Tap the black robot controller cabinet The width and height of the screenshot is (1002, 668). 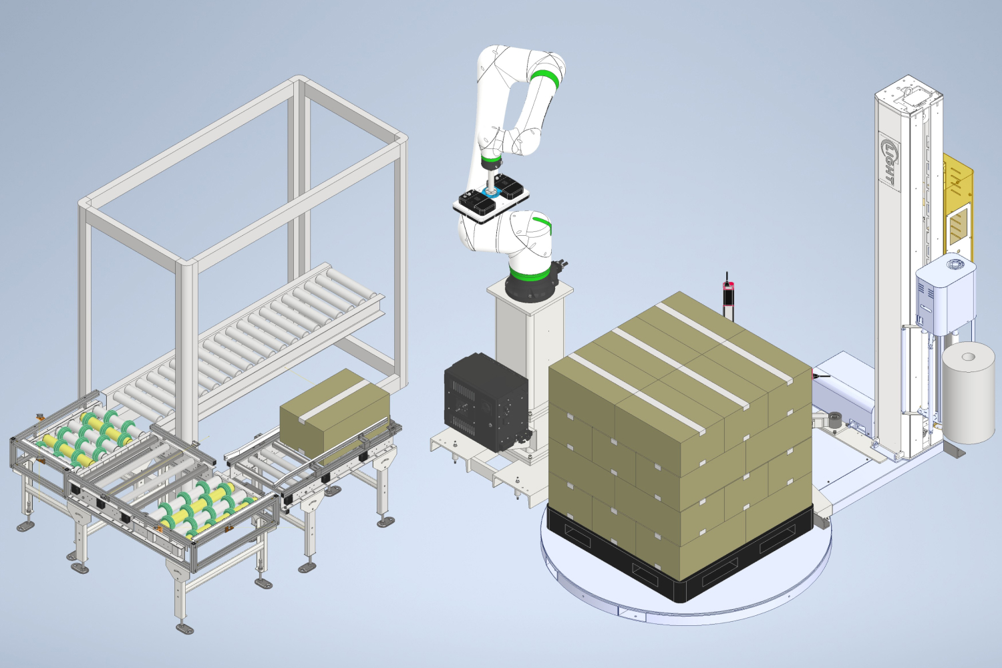point(486,401)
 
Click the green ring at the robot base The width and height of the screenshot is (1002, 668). point(530,273)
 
